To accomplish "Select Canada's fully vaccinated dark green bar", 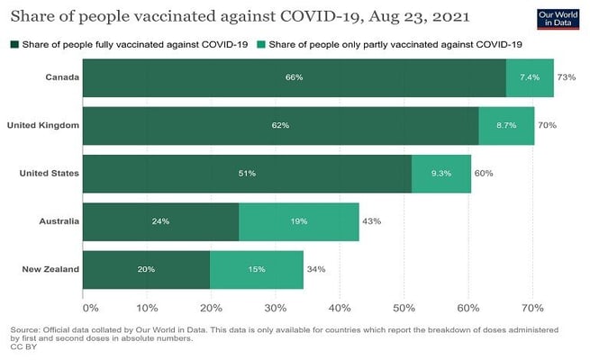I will tap(294, 77).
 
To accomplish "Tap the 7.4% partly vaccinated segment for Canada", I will tap(530, 77).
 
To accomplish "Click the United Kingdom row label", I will tap(43, 125).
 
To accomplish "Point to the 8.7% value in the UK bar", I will tap(506, 125).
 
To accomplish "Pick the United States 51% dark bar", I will tap(247, 173).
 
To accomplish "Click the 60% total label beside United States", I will tap(484, 173).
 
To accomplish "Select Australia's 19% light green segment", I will tap(299, 220).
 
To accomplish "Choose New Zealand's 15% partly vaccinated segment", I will tap(257, 268).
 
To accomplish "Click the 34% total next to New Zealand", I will tap(316, 268).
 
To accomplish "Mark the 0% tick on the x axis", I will tap(84, 295).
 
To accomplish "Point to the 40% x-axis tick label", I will tap(340, 295).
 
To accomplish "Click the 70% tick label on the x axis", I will tap(531, 295).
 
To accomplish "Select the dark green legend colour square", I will tap(14, 44).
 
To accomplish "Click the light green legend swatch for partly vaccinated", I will tap(260, 44).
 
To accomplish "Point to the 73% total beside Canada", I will tap(567, 77).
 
